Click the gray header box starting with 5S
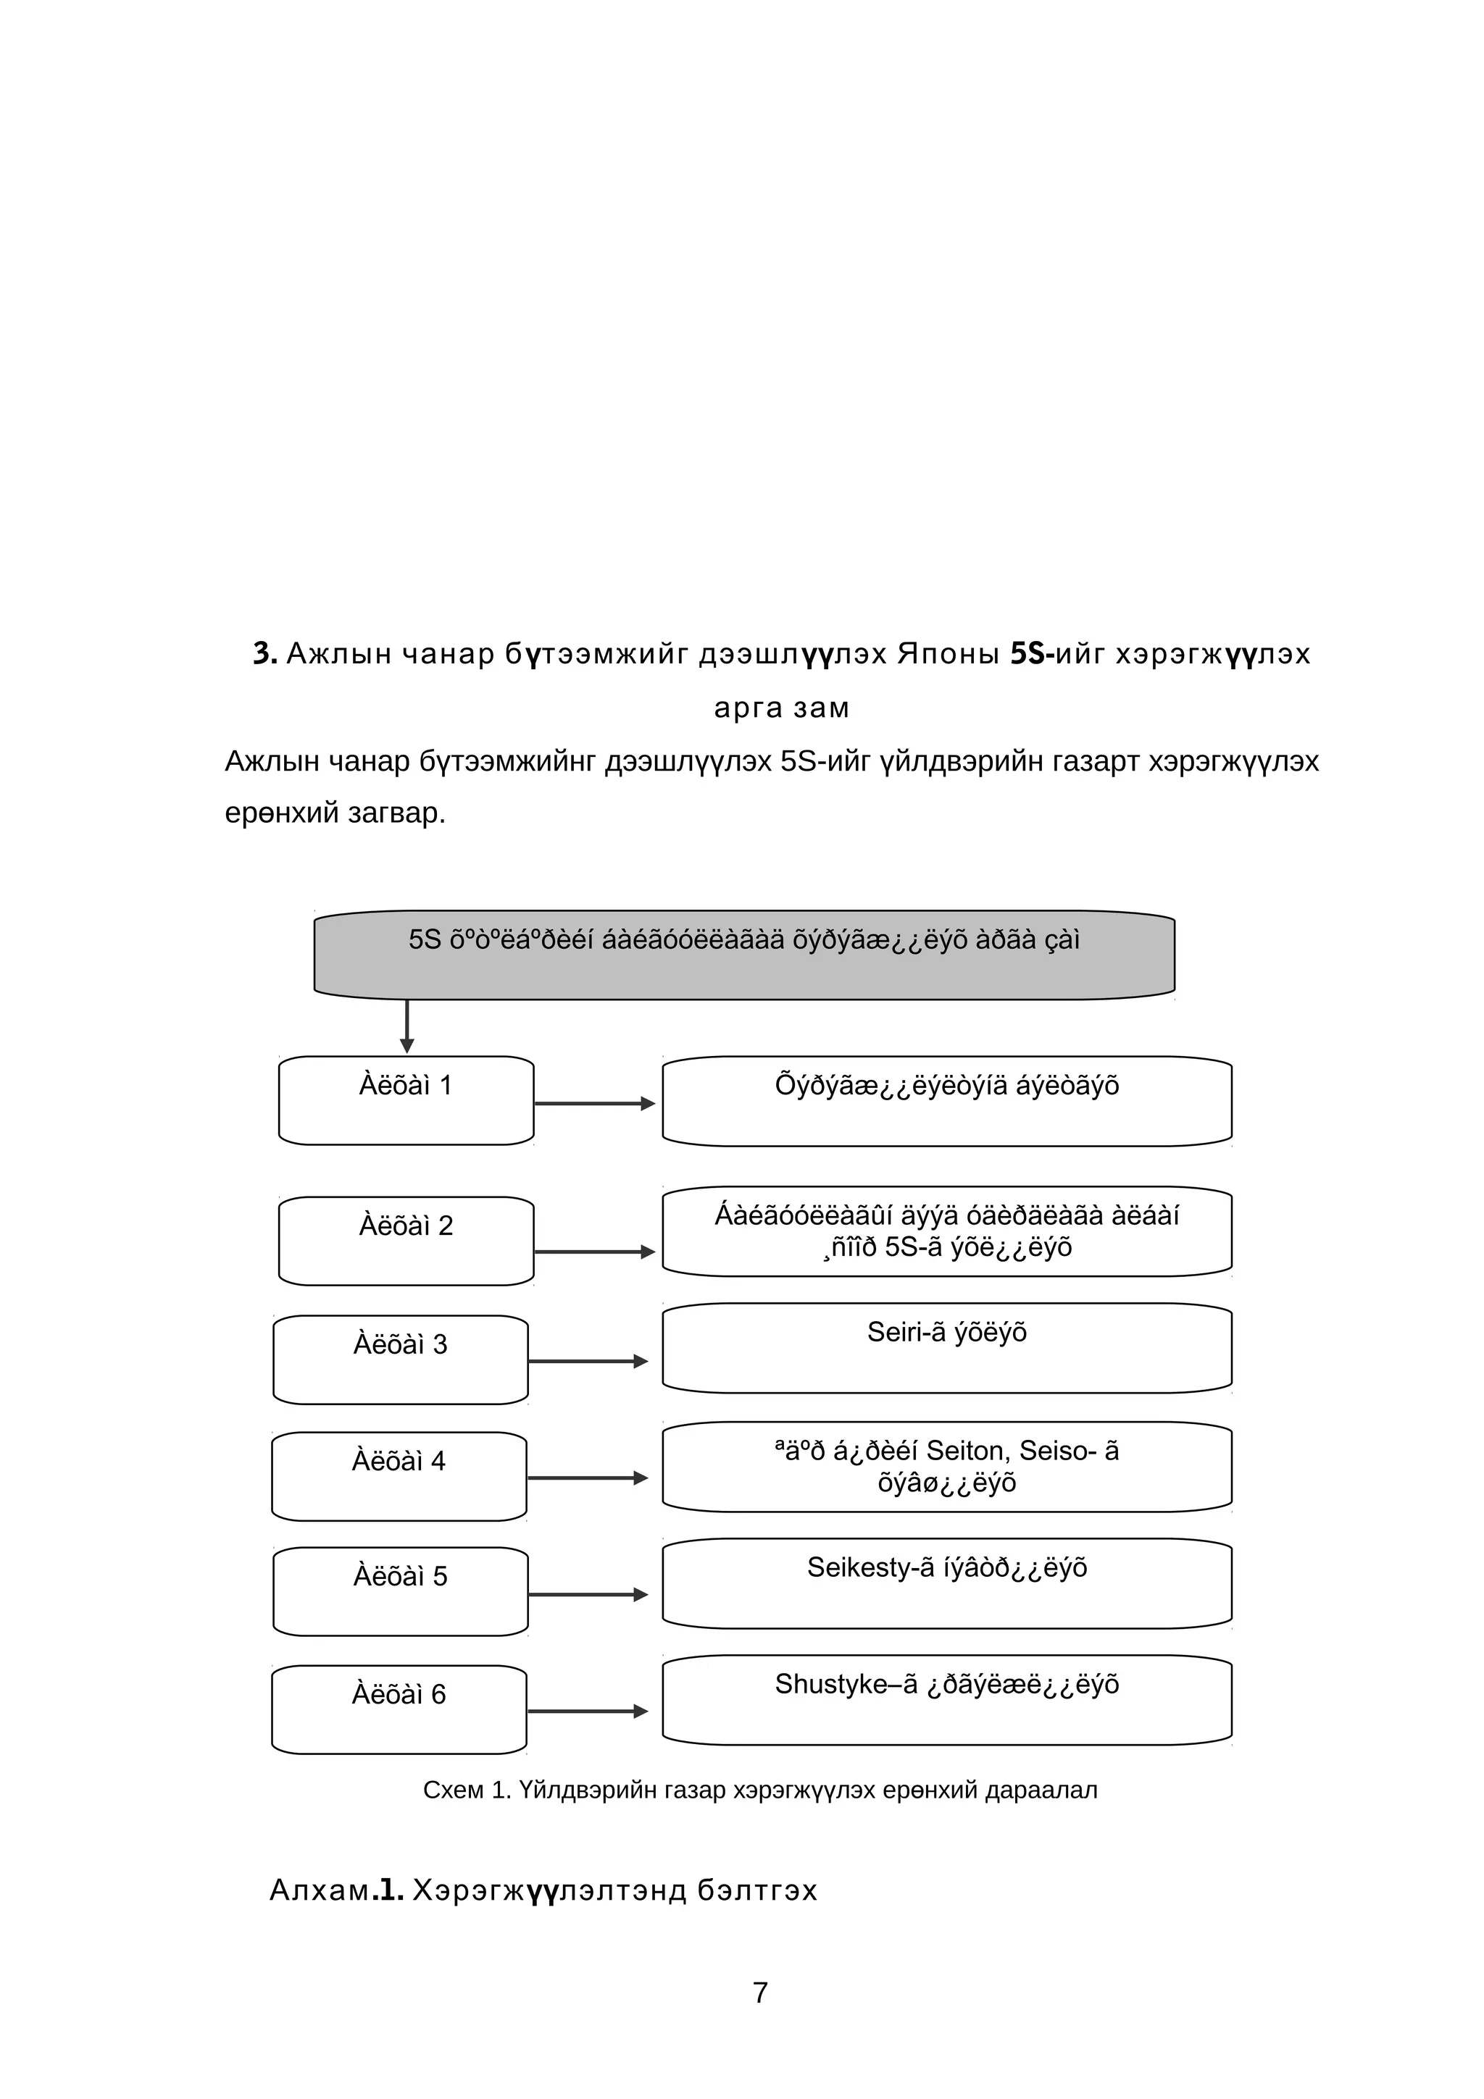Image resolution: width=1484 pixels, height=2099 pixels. (x=743, y=955)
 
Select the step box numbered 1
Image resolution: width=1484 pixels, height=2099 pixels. (x=406, y=1101)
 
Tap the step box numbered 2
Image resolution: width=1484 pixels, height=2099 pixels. (x=406, y=1241)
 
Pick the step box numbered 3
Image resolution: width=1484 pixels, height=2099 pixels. (x=401, y=1359)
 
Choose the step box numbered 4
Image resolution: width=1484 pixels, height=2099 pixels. (x=399, y=1476)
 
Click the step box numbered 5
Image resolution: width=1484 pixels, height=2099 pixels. (x=401, y=1591)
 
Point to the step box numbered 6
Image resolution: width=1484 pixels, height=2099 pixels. (x=399, y=1709)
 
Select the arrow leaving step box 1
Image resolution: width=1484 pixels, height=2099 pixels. (x=594, y=1103)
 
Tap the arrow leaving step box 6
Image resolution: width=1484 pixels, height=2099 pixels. (x=587, y=1712)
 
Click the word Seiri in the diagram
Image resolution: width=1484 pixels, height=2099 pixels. (x=893, y=1333)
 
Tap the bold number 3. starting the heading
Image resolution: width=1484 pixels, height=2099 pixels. (x=264, y=653)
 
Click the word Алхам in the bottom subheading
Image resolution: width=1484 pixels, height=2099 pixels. (x=318, y=1890)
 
